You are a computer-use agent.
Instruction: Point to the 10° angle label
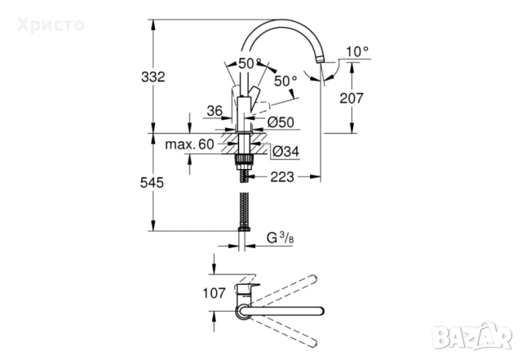coord(356,51)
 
